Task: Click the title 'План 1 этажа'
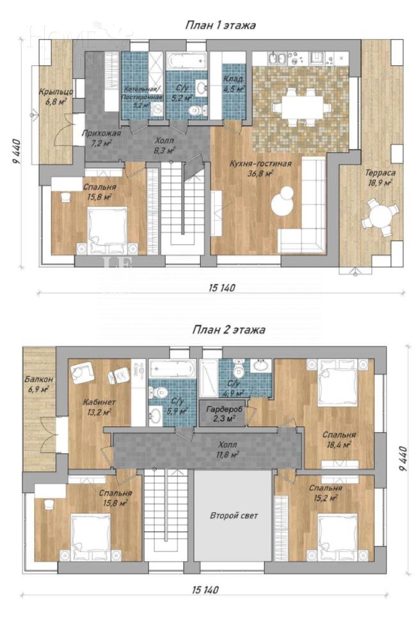[221, 26]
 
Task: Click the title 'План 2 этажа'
[228, 330]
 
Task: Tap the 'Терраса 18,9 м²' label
[379, 177]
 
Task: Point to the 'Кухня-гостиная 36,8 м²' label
[260, 168]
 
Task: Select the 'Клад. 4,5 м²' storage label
[233, 84]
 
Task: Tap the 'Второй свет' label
[233, 515]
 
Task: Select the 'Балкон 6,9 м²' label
[37, 384]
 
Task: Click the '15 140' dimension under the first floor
[221, 288]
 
